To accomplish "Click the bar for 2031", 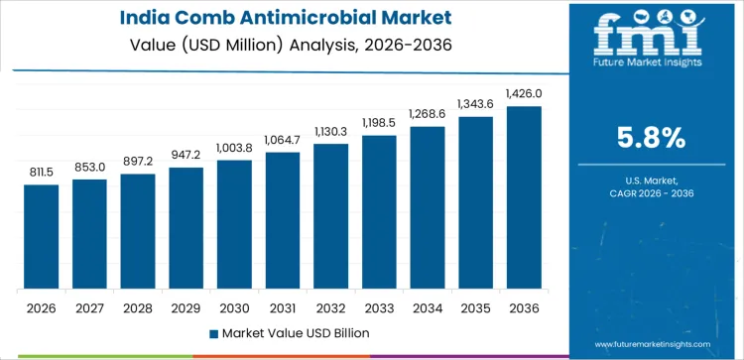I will (x=283, y=220).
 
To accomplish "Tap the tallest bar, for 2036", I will (x=524, y=197).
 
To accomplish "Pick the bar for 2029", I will (x=186, y=228).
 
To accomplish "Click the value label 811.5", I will (x=41, y=172).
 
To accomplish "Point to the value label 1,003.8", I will (x=234, y=148).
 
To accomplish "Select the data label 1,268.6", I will (x=428, y=114).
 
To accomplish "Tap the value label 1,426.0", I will (x=524, y=93).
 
